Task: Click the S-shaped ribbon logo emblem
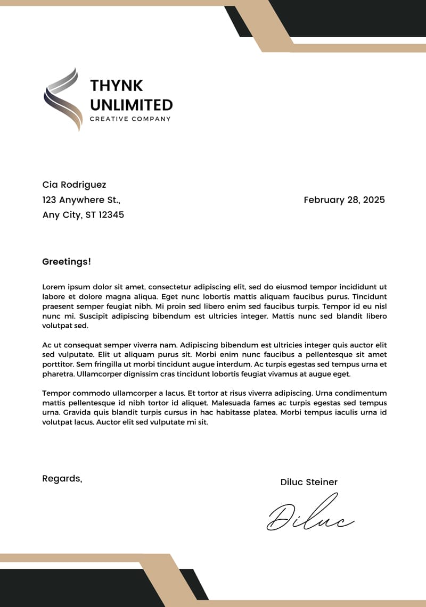pyautogui.click(x=63, y=99)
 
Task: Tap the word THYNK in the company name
pyautogui.click(x=116, y=86)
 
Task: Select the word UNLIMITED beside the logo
pyautogui.click(x=131, y=105)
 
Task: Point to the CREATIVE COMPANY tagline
pyautogui.click(x=130, y=119)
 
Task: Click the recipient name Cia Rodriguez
pyautogui.click(x=74, y=185)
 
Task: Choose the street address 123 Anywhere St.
pyautogui.click(x=81, y=200)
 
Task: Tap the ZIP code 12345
pyautogui.click(x=111, y=215)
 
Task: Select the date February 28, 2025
pyautogui.click(x=344, y=200)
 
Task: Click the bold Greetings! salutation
pyautogui.click(x=67, y=262)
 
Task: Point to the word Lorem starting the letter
pyautogui.click(x=53, y=287)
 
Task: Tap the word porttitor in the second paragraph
pyautogui.click(x=59, y=364)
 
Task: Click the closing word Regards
pyautogui.click(x=62, y=479)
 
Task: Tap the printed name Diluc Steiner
pyautogui.click(x=309, y=483)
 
